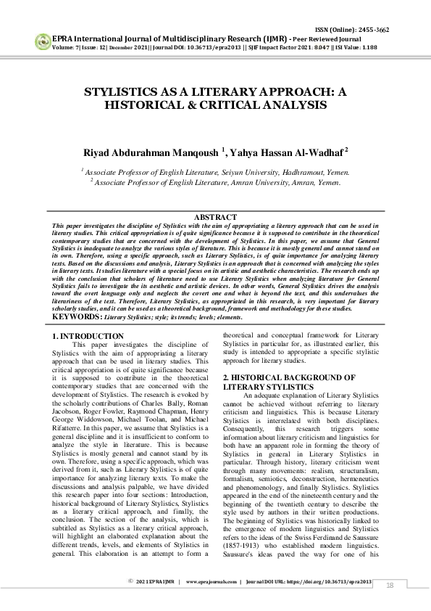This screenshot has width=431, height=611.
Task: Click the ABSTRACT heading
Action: pyautogui.click(x=215, y=217)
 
